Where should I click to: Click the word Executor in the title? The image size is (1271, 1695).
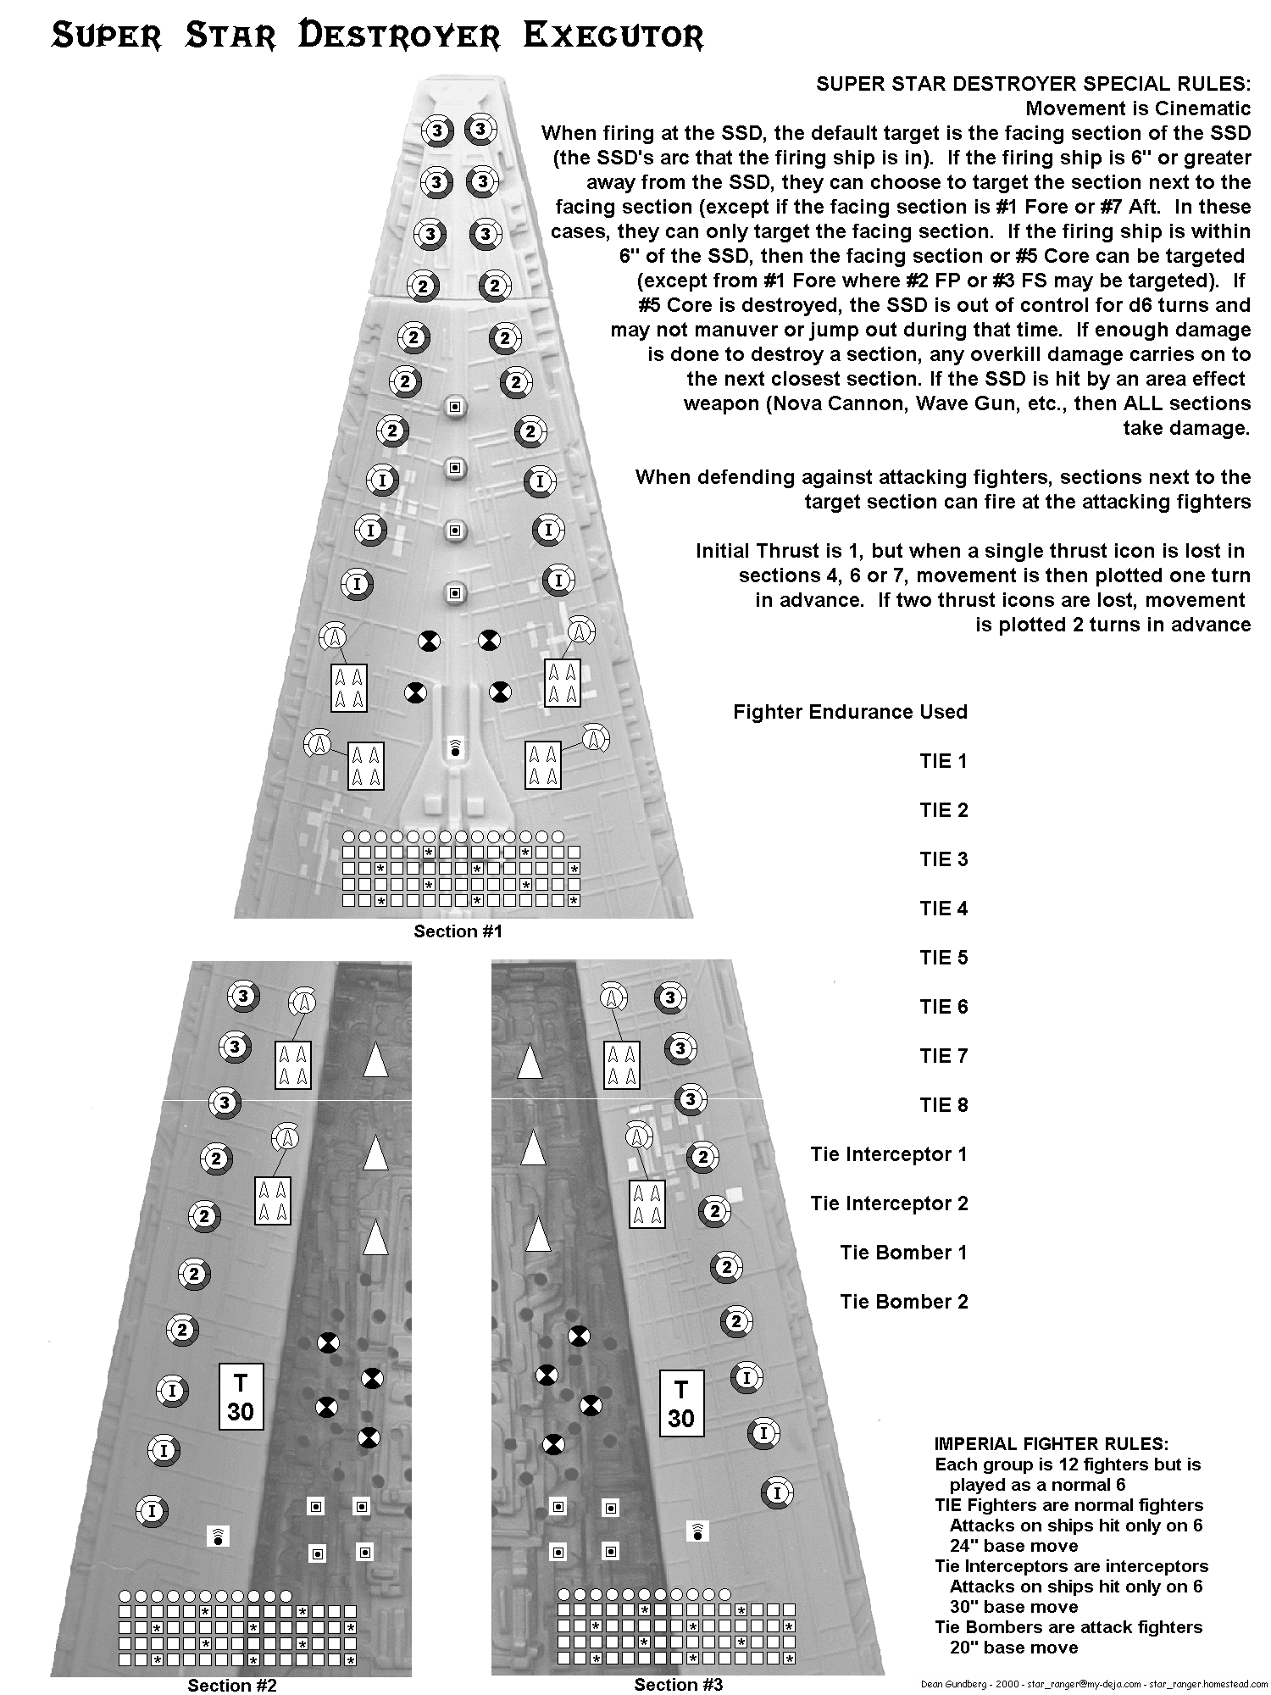613,36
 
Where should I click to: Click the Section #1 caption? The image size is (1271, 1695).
458,931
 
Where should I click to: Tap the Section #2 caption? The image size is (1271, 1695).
232,1685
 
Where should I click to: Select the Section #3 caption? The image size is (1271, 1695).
678,1684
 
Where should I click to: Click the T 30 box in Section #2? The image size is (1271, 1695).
241,1398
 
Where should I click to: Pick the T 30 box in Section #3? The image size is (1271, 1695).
681,1403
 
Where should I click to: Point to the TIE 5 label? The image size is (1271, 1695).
943,958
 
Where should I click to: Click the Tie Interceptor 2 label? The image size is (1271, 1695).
889,1203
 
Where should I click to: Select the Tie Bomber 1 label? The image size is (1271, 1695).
903,1253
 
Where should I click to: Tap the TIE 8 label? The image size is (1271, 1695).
943,1105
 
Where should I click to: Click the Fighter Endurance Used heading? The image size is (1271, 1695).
850,712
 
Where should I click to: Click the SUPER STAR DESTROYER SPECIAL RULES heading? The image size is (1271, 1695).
1033,84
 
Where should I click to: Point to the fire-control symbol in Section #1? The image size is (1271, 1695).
456,747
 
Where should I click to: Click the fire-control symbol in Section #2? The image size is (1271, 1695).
219,1536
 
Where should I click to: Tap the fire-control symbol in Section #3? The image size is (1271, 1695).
697,1530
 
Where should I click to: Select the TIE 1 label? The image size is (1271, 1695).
943,761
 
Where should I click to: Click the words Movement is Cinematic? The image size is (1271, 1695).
1137,108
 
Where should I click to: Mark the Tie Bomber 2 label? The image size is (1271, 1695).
903,1302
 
